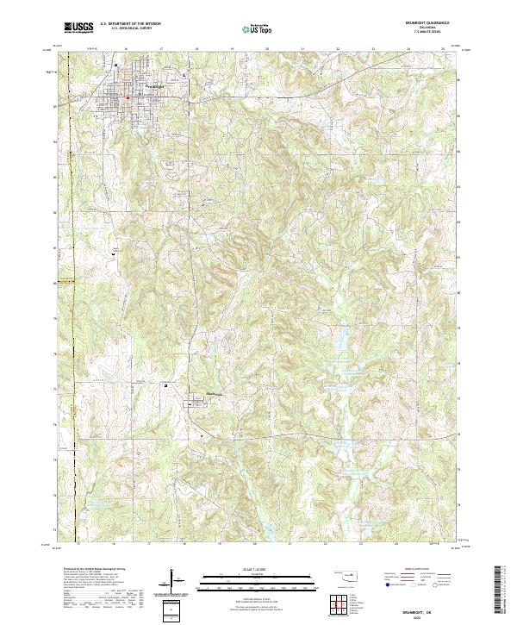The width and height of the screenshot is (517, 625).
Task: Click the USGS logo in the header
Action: coord(78,27)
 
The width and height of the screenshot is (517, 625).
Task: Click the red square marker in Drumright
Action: coord(128,97)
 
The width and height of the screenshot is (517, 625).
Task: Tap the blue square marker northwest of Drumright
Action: coord(115,63)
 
